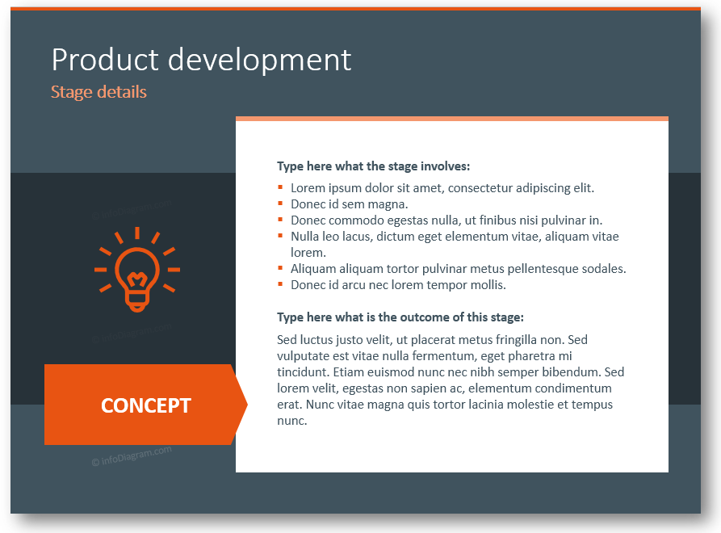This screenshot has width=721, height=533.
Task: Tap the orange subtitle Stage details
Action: (x=99, y=92)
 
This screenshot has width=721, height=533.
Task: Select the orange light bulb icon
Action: (x=137, y=270)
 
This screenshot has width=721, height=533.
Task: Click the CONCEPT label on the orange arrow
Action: (x=146, y=405)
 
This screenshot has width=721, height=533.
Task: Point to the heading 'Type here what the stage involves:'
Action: (x=373, y=166)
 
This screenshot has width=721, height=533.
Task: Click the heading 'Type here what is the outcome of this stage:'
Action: (x=400, y=317)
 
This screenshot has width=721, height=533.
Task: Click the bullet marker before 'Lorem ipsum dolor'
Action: (x=280, y=187)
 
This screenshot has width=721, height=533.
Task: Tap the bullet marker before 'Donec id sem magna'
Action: (x=280, y=204)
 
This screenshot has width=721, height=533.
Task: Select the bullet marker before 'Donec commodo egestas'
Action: (x=280, y=220)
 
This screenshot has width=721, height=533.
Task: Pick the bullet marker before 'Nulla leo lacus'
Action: (x=280, y=236)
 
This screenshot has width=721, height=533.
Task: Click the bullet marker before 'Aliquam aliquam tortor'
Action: (x=280, y=267)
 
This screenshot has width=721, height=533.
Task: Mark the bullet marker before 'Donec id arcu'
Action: (x=280, y=283)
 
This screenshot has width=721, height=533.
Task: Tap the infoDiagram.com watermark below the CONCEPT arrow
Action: (x=132, y=455)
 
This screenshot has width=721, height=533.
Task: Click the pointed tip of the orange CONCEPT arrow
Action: (x=247, y=405)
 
